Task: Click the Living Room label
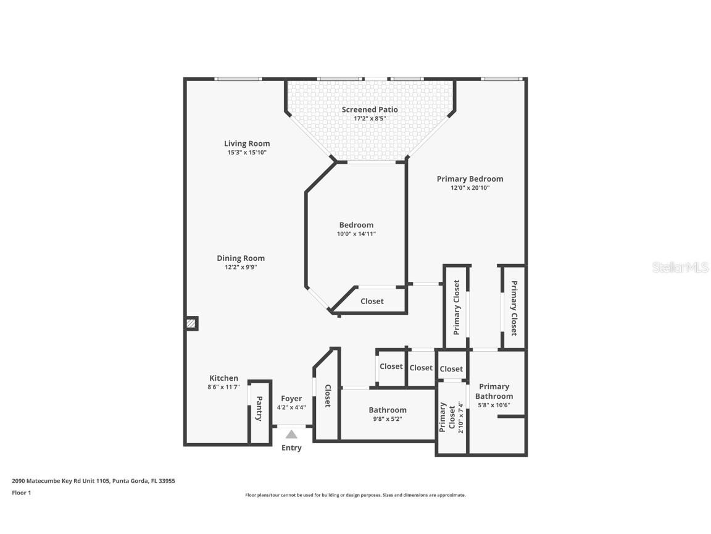point(247,143)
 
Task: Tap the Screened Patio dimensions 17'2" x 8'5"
point(370,118)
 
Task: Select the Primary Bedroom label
point(470,179)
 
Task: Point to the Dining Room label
point(241,258)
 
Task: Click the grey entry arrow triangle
point(291,434)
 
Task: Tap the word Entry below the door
point(291,447)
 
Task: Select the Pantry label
point(259,409)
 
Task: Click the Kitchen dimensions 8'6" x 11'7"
point(223,387)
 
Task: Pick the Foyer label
point(291,399)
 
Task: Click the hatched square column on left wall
point(192,323)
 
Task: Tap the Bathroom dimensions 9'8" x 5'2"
point(388,418)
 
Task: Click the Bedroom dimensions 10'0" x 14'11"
point(356,234)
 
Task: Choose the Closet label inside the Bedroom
point(372,301)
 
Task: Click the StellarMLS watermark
point(680,268)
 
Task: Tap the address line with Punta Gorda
point(93,480)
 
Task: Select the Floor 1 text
point(21,493)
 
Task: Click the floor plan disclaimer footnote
point(355,495)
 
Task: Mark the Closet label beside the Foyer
point(328,396)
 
